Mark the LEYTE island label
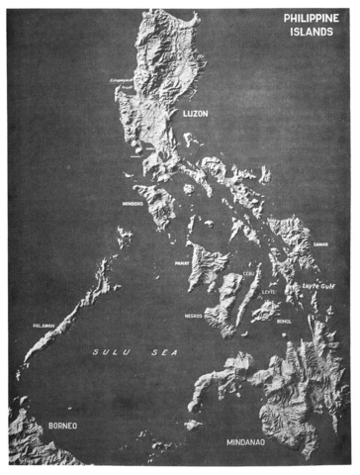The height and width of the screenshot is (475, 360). coord(269,293)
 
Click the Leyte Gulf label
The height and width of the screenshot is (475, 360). coord(314,283)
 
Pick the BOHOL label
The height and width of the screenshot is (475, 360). coord(285,321)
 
